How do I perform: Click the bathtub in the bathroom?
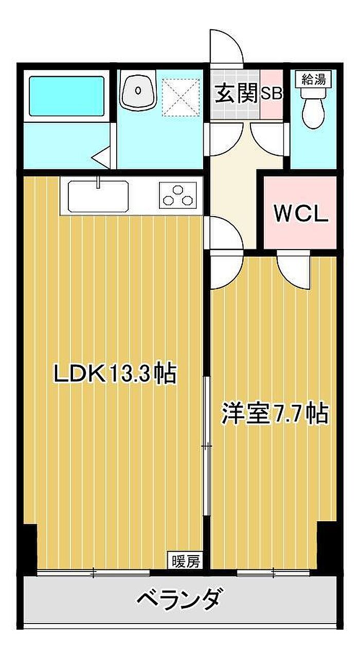coord(67,96)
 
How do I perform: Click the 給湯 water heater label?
coord(314,79)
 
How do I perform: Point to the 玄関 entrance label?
coord(236,94)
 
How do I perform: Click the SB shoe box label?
coord(272,94)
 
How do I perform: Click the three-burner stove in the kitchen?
coord(181,195)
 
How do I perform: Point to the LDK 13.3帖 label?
coord(115,374)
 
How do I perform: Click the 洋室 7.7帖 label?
coord(275,414)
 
